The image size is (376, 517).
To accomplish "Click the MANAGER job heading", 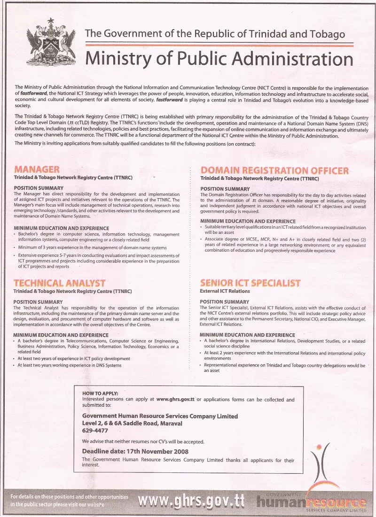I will coord(37,170).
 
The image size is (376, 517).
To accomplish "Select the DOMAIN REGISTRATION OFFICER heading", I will coord(274,170).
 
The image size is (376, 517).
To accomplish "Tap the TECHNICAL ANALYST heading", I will coord(59,283).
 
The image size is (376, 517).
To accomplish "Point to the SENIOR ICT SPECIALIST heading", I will coord(250,283).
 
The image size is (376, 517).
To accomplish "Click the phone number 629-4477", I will coord(95,430).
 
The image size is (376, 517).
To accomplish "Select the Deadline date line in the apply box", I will coord(135,451).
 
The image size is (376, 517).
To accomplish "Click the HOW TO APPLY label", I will coord(100,393).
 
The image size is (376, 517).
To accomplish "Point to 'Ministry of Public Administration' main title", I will coord(219,59).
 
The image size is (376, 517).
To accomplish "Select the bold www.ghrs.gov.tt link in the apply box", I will coord(175,400).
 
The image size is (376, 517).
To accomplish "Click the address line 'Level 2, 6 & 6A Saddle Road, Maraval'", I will coord(132,423).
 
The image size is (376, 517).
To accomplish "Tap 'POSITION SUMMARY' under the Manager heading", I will coord(39,188).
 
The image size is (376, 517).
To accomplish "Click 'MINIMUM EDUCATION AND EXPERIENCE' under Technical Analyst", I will coord(61,335).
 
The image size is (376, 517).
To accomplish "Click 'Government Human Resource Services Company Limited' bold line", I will coord(160,416).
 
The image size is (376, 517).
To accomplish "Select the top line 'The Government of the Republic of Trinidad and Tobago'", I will coord(215,34).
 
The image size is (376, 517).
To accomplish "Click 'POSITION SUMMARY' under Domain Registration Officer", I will coord(225,189).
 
